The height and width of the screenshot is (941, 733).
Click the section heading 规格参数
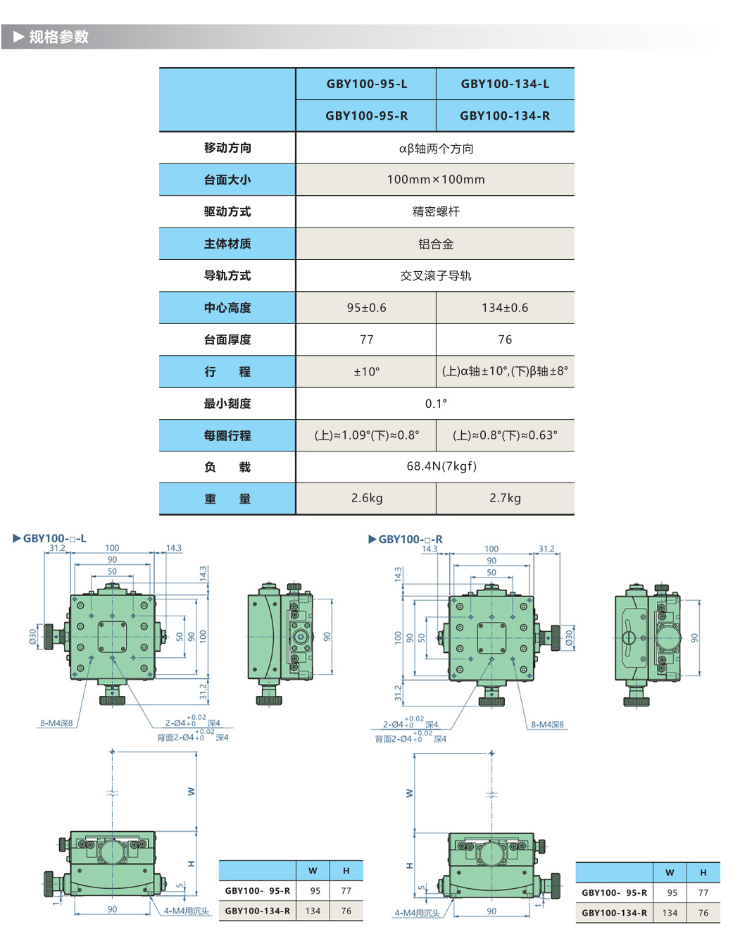tap(58, 37)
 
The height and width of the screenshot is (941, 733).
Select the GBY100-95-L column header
tap(366, 84)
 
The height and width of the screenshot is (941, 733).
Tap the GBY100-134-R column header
tap(505, 116)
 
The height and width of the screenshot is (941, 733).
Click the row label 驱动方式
tap(227, 211)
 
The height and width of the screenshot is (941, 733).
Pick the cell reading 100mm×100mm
tap(435, 180)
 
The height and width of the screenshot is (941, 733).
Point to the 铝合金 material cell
tap(435, 244)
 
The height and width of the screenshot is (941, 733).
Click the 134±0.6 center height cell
tap(505, 308)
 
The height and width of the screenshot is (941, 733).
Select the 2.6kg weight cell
tap(366, 498)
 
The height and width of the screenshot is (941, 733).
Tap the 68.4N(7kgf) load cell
tap(441, 466)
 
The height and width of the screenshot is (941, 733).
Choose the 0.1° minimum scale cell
tap(435, 404)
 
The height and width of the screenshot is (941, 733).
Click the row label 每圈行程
tap(227, 435)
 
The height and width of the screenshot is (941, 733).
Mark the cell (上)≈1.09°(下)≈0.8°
tap(366, 435)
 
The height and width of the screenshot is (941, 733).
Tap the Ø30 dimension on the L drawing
tap(33, 636)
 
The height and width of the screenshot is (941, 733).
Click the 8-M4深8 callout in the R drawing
tap(547, 724)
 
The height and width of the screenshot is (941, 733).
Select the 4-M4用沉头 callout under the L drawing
tap(186, 911)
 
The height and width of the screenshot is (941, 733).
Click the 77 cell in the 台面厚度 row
tap(366, 339)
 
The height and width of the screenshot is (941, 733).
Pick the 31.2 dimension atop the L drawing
tap(57, 548)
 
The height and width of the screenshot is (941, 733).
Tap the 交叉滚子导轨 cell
tap(435, 275)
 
